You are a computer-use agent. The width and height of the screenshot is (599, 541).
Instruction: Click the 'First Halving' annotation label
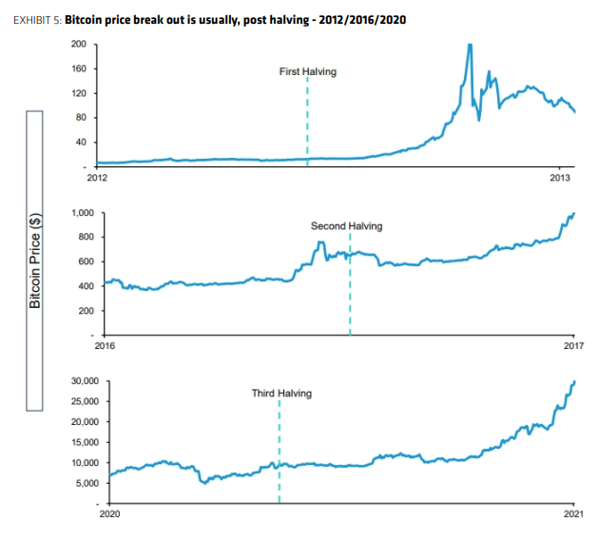307,72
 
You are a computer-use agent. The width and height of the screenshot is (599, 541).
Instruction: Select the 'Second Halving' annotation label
346,226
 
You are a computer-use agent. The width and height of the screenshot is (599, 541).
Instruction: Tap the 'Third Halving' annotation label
280,393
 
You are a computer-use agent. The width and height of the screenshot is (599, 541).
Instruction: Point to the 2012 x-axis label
97,178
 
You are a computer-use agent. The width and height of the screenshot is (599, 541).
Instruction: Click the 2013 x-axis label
561,178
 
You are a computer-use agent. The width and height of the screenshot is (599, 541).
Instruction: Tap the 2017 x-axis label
574,346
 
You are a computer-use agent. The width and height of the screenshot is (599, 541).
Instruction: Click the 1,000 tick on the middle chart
82,212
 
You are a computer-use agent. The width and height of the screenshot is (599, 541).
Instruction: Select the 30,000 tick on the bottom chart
87,381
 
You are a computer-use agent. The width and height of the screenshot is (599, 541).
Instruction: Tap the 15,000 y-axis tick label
87,442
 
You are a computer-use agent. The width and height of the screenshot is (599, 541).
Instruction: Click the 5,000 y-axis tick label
89,483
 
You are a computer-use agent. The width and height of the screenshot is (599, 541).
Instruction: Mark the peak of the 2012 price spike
469,46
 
